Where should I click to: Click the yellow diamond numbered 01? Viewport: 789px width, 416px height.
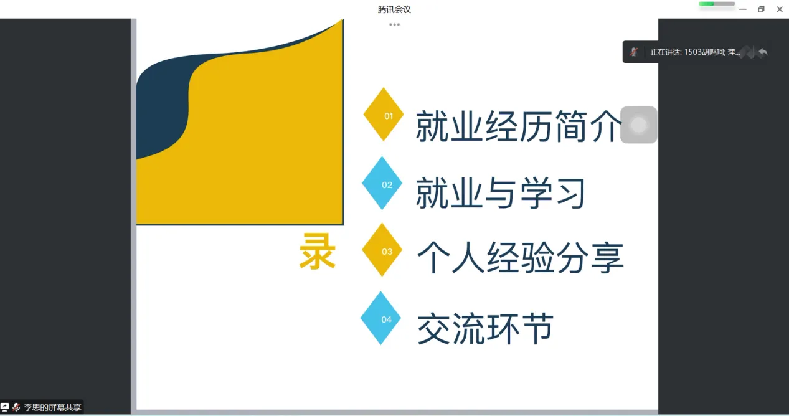point(383,115)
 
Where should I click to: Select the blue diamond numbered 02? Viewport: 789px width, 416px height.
point(382,183)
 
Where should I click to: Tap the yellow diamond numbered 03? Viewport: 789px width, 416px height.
point(382,250)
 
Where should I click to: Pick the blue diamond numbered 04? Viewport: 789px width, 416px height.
point(380,318)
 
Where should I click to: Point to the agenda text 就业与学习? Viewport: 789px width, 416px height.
point(501,192)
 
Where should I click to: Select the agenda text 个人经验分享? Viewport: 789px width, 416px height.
point(520,258)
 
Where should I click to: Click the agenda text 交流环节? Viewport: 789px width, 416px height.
point(485,328)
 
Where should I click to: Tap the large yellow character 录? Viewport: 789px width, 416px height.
point(318,252)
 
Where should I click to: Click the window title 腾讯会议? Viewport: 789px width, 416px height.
point(394,9)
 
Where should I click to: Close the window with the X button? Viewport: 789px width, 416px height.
point(780,9)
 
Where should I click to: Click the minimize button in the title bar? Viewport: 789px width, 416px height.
point(742,9)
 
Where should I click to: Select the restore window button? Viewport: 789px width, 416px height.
point(761,9)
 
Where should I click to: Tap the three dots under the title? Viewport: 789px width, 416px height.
point(395,25)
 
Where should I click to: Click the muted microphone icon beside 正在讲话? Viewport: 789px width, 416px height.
point(634,52)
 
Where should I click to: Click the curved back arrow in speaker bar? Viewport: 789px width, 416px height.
point(763,52)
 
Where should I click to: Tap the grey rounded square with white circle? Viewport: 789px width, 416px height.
point(638,125)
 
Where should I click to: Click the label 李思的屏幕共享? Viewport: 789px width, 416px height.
point(52,407)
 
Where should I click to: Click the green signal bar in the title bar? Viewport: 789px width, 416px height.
point(706,4)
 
